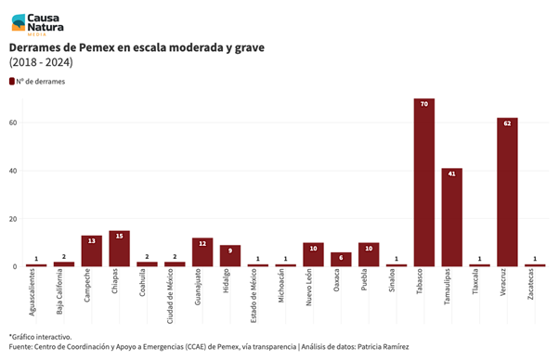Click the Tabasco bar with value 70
point(423,182)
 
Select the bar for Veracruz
point(507,192)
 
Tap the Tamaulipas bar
point(451,217)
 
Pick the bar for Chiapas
point(120,249)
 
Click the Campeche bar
point(92,251)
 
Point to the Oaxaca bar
point(341,259)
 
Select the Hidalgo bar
point(230,256)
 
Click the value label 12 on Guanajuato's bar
point(202,244)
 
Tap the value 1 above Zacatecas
point(535,259)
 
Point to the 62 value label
point(507,123)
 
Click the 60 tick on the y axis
point(13,122)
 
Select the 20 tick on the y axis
point(13,219)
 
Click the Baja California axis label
point(59,291)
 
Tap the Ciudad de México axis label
point(170,296)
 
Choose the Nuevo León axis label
point(308,287)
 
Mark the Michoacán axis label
point(281,286)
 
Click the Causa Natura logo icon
point(19,22)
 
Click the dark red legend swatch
point(12,82)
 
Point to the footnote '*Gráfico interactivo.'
point(40,337)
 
